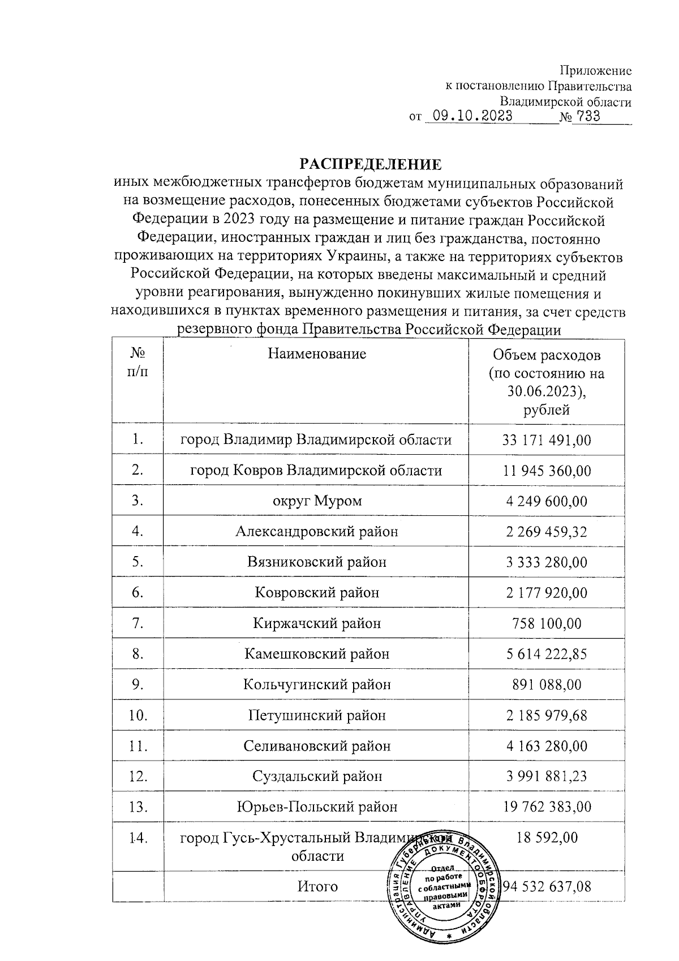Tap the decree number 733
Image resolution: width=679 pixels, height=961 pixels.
click(x=586, y=117)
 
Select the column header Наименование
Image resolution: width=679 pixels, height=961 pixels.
click(x=316, y=354)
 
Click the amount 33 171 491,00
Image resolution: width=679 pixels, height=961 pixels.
click(x=546, y=440)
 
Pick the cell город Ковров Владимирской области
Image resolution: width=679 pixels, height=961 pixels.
click(x=316, y=471)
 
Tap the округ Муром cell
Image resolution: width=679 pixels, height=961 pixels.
click(x=316, y=501)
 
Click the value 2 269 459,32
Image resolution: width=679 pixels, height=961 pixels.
click(x=546, y=532)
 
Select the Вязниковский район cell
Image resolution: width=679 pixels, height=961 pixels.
click(x=316, y=562)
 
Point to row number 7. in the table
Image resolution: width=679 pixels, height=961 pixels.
click(x=137, y=623)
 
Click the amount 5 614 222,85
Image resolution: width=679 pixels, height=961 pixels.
click(x=546, y=654)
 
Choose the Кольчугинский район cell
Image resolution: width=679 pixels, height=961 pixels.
click(x=316, y=685)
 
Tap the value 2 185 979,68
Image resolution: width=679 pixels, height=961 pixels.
click(x=546, y=715)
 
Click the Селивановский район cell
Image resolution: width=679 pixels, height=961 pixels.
click(x=316, y=746)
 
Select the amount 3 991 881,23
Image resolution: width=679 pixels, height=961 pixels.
click(x=546, y=776)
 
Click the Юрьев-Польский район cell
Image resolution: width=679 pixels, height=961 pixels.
click(x=316, y=807)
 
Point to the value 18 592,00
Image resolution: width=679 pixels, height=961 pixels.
click(x=546, y=838)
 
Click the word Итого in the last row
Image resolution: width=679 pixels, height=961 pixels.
click(x=317, y=886)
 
